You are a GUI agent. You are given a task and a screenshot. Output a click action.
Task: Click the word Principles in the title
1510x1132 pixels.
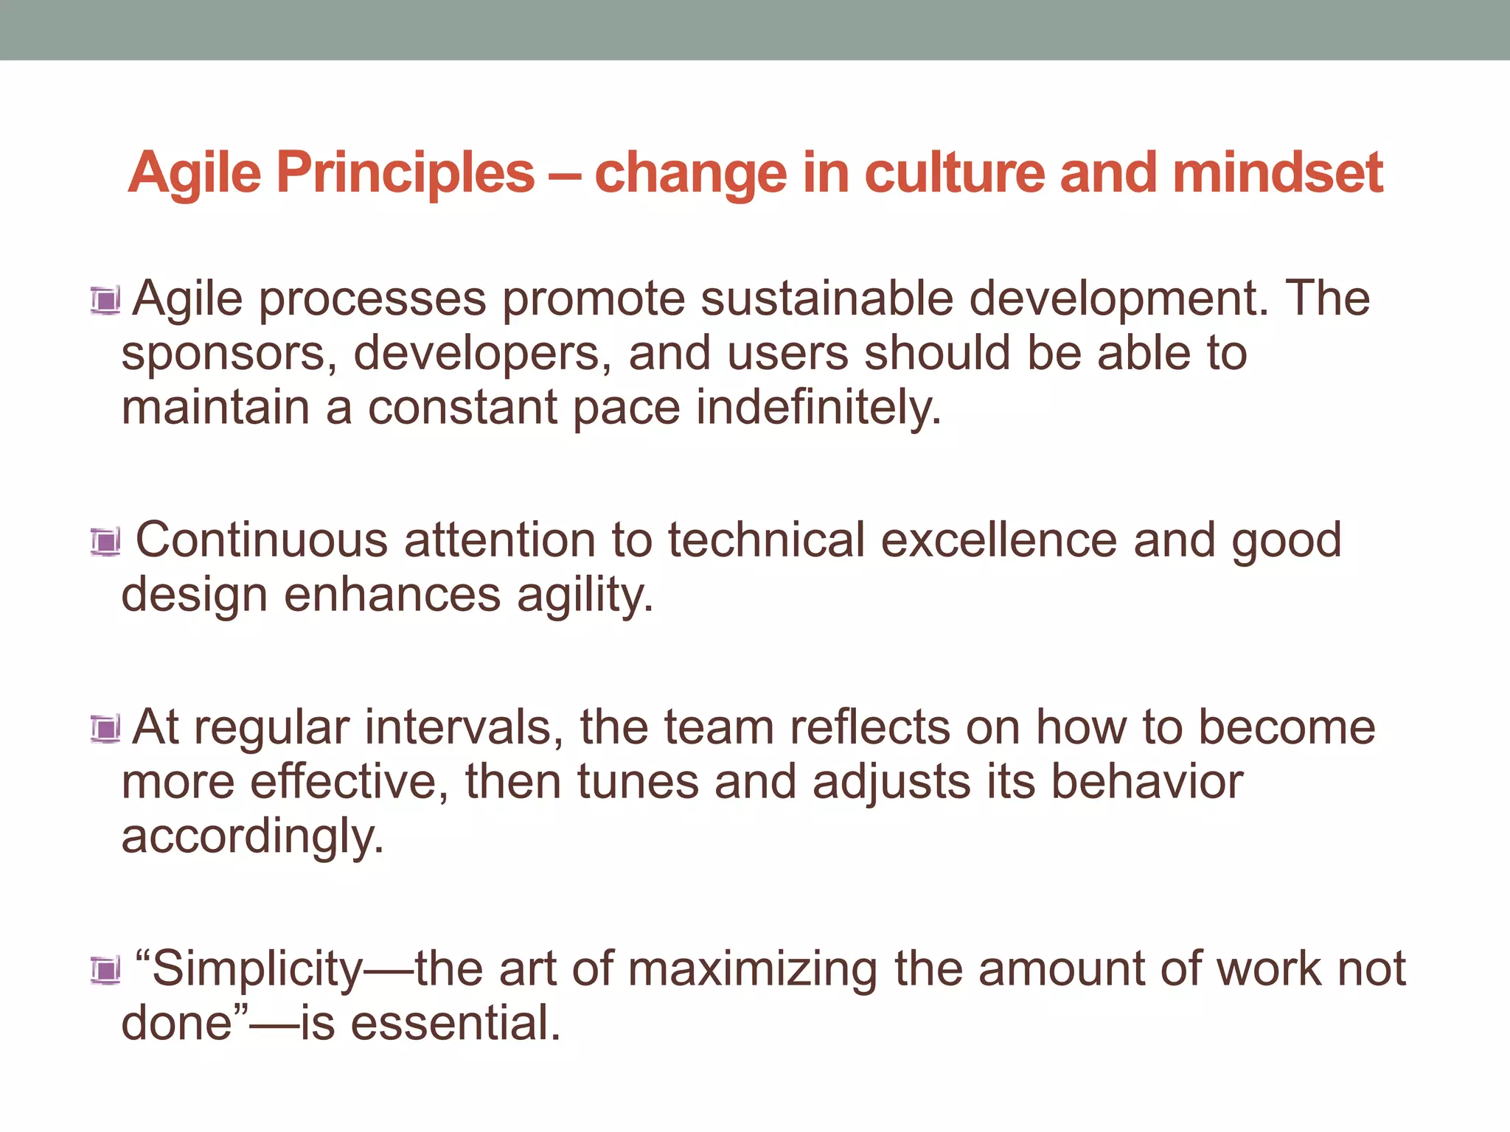pyautogui.click(x=405, y=174)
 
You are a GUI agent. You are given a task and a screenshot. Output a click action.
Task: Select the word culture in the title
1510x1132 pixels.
pyautogui.click(x=954, y=174)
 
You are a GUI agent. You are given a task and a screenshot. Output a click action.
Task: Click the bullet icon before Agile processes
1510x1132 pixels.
pyautogui.click(x=105, y=301)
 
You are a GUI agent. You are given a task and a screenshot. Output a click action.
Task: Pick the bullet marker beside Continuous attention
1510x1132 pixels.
pyautogui.click(x=105, y=542)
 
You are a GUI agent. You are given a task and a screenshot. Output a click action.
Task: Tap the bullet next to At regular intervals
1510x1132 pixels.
pyautogui.click(x=105, y=730)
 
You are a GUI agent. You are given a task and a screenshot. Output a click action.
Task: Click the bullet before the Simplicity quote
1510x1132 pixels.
pyautogui.click(x=105, y=971)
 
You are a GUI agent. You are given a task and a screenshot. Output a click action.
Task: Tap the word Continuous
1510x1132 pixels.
pyautogui.click(x=262, y=540)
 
